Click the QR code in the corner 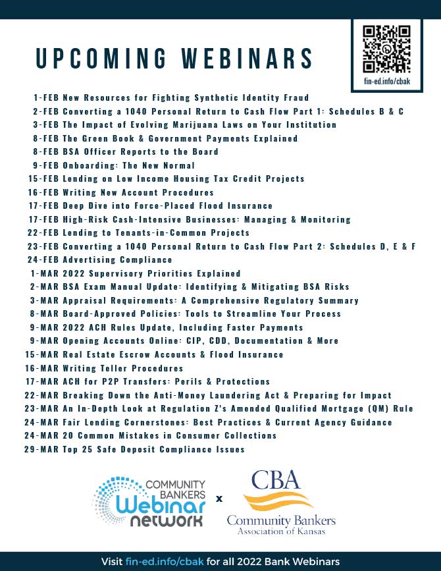(387, 49)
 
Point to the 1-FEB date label (46, 97)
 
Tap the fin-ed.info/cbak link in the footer (163, 561)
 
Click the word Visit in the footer (113, 561)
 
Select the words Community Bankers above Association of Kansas (280, 520)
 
